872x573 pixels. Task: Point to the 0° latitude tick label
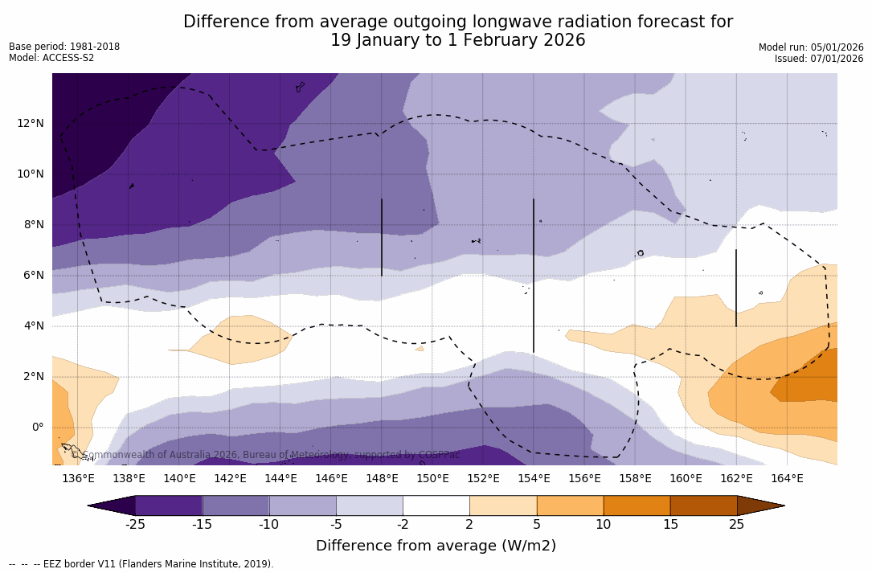tap(37, 427)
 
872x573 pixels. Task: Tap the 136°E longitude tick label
tap(78, 479)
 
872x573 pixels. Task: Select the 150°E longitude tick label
tap(432, 479)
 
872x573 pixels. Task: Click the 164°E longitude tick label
tap(787, 479)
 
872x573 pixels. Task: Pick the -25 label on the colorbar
tap(135, 525)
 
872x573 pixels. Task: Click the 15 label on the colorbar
tap(669, 525)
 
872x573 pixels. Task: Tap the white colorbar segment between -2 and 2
tap(436, 505)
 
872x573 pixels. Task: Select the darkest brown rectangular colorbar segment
tap(703, 505)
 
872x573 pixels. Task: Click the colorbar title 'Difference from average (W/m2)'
tap(436, 546)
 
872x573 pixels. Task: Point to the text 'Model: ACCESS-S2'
tap(51, 58)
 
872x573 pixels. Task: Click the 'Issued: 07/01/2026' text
tap(819, 59)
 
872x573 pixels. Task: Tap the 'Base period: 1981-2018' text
tap(64, 47)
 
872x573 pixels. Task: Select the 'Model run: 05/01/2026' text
tap(811, 47)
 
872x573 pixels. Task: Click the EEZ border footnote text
tap(141, 564)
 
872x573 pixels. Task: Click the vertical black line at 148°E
tap(382, 237)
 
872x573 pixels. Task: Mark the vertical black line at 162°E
tap(736, 288)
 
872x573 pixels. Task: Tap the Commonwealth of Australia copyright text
tap(265, 455)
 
